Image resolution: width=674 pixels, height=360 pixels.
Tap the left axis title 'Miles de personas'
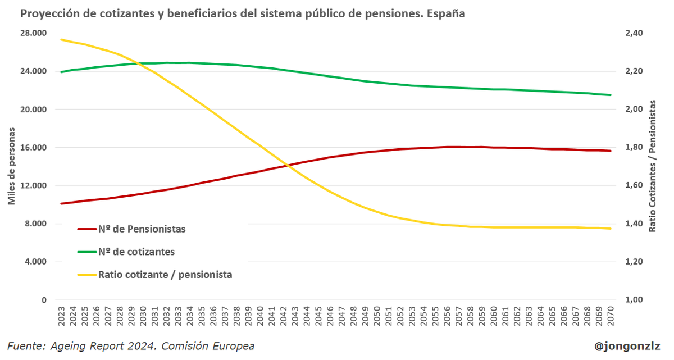(11, 166)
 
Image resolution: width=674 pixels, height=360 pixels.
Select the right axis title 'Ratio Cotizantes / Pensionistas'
(653, 166)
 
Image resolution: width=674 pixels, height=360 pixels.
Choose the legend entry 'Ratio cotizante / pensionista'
(165, 275)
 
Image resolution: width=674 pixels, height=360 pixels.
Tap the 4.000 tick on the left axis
(37, 262)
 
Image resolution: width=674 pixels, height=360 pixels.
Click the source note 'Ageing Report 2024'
(130, 346)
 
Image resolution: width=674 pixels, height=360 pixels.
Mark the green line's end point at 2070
(611, 95)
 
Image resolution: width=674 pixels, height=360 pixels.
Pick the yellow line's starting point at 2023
(61, 39)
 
